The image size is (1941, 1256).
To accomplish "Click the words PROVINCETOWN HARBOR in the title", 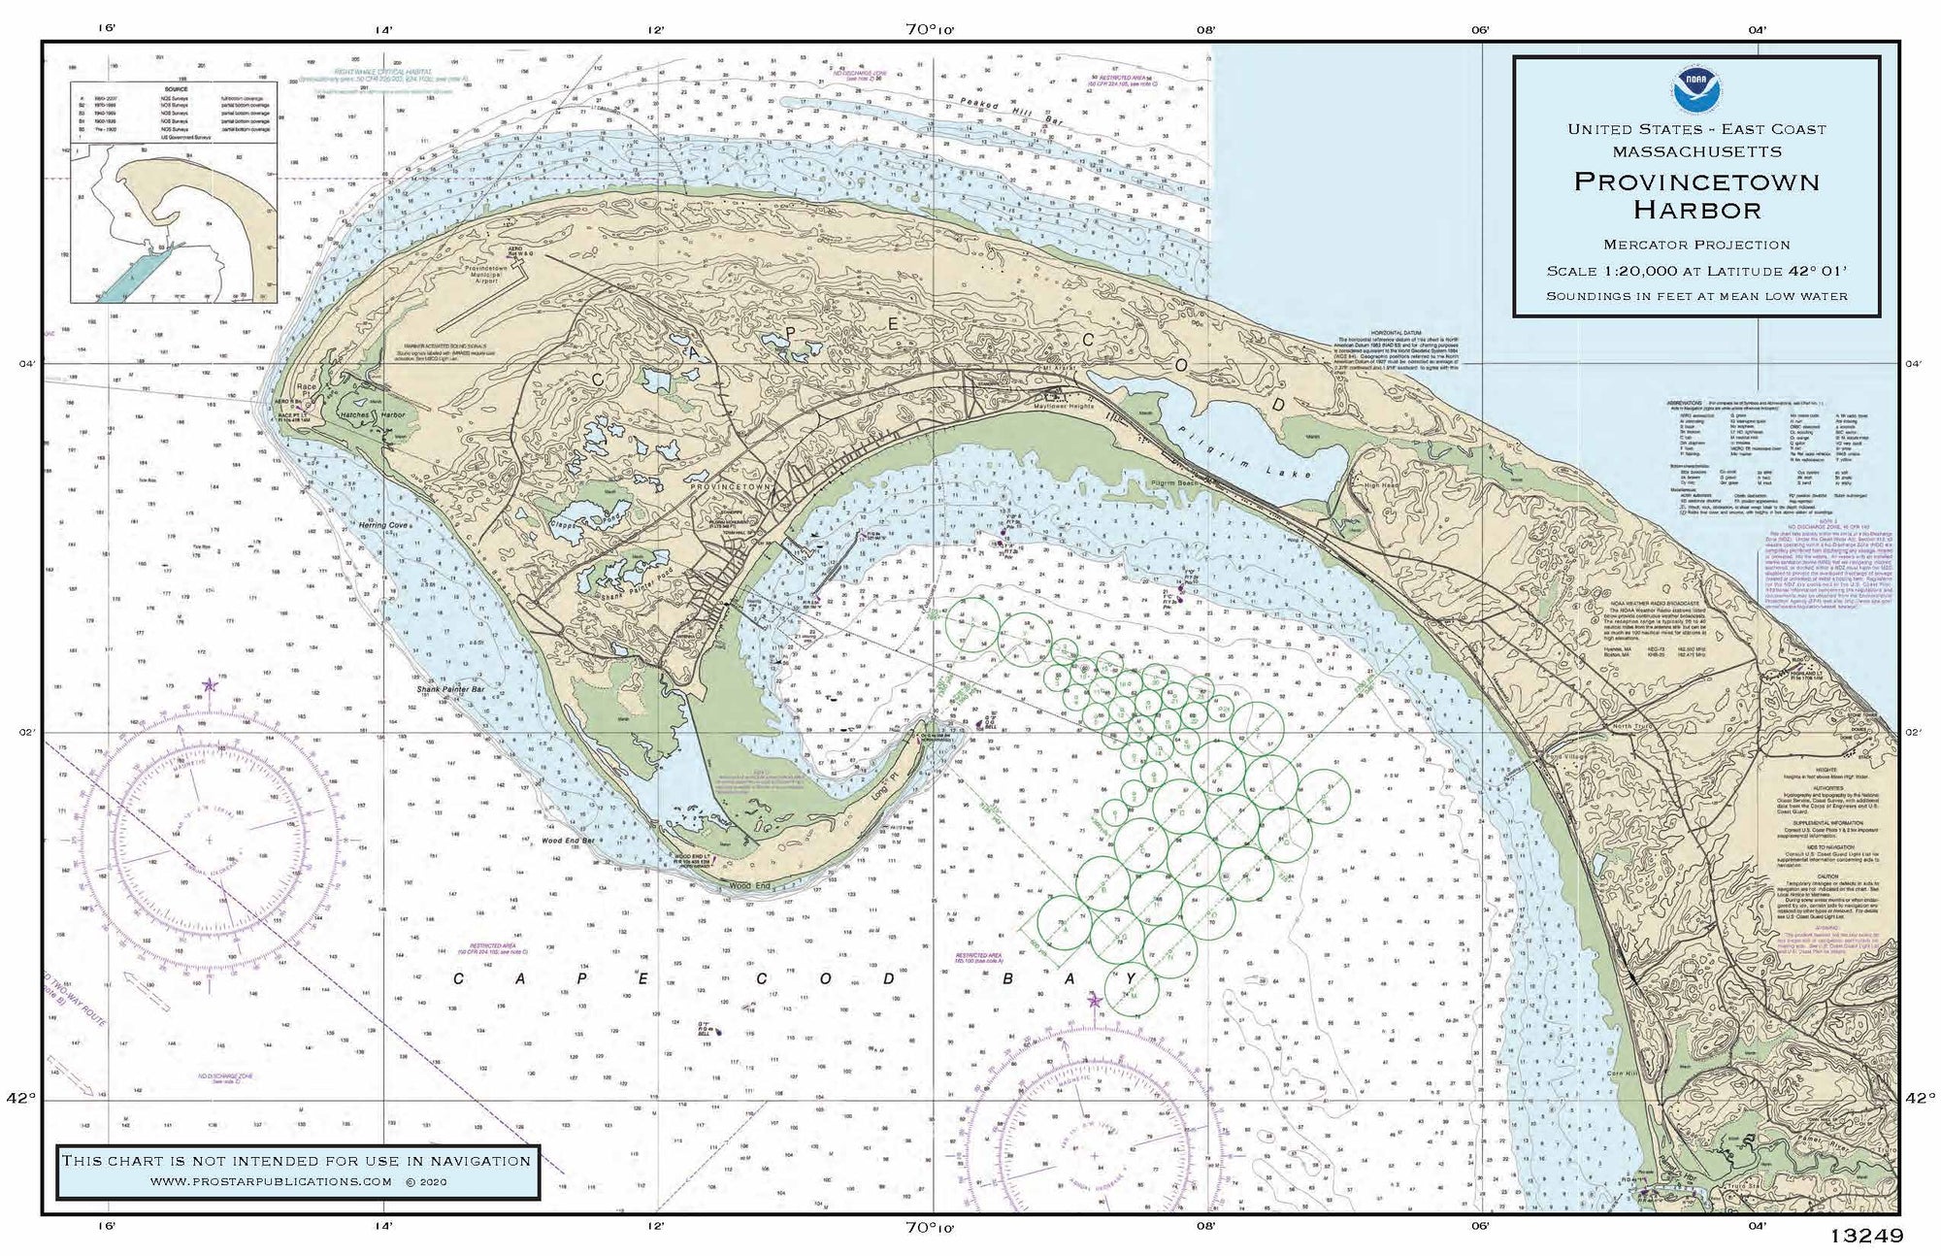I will point(1695,195).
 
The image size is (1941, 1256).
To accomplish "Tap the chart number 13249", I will point(1865,1236).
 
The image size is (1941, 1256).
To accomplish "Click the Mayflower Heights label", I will point(1083,407).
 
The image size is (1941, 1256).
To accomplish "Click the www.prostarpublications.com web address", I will point(271,1181).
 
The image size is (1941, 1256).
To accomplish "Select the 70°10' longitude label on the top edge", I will point(931,29).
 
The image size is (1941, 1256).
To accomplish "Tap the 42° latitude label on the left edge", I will point(21,1098).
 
